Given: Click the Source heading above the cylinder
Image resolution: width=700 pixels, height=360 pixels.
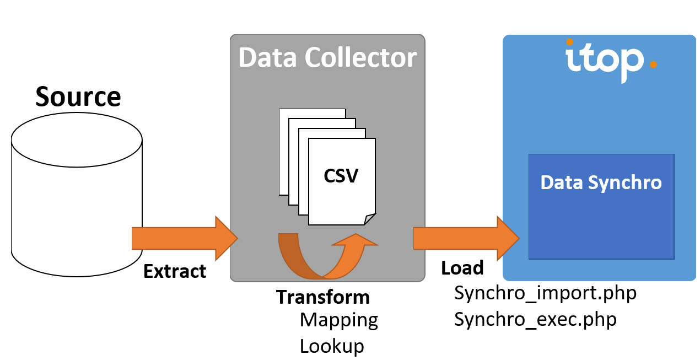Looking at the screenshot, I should click(x=78, y=97).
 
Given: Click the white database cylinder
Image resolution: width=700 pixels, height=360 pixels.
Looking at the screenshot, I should click(x=76, y=198).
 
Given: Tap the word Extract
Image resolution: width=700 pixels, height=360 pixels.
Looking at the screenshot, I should click(x=175, y=271).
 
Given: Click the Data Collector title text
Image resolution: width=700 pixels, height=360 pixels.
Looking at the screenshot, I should click(x=327, y=58).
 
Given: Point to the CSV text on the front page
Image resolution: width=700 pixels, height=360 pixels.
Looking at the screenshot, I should click(x=341, y=176).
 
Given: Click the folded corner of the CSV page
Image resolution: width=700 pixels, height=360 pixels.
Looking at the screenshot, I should click(x=370, y=219).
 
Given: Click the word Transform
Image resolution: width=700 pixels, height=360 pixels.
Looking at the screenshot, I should click(x=322, y=297).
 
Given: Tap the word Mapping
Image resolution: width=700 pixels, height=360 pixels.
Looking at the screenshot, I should click(x=339, y=320).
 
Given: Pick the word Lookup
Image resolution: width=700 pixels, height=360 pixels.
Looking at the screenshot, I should click(x=332, y=346).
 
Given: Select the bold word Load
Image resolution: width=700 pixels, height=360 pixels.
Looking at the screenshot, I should click(x=462, y=268).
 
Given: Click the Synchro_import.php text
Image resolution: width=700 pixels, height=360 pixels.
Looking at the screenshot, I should click(x=545, y=293).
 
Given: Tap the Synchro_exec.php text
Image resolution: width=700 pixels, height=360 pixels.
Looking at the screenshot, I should click(x=535, y=319).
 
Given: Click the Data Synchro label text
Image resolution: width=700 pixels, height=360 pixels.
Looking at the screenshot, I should click(x=601, y=182).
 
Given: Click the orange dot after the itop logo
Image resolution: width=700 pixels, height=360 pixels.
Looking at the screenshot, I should click(x=653, y=65).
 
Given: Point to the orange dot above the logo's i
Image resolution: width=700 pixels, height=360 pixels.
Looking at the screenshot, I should click(x=570, y=41).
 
